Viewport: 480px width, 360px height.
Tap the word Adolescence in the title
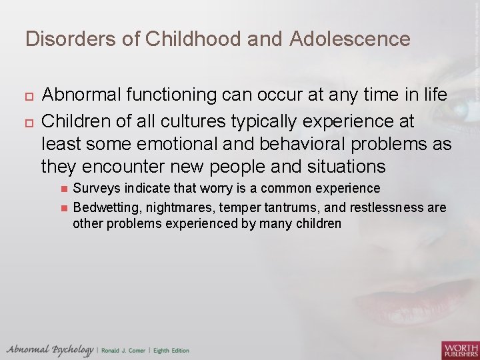(x=350, y=39)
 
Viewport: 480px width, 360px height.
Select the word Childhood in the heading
(x=207, y=39)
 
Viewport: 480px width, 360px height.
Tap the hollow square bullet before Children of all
(x=28, y=122)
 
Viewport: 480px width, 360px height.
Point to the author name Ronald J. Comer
(x=125, y=350)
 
